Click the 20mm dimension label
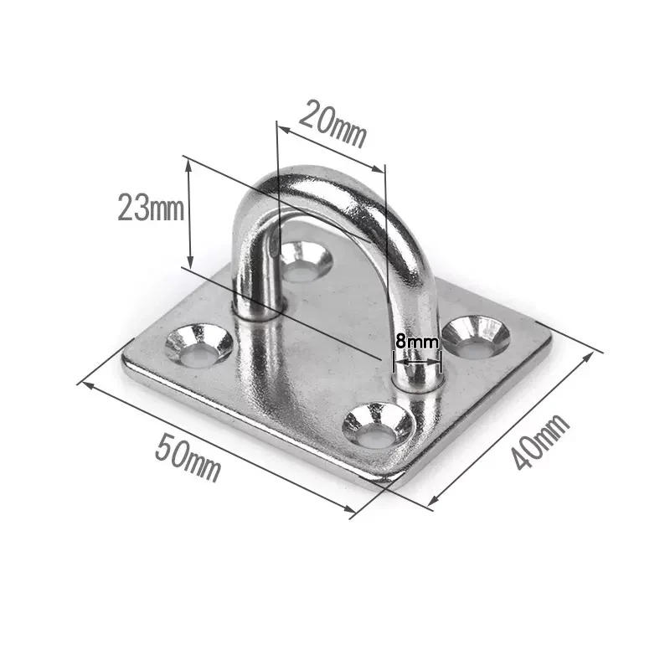pos(333,123)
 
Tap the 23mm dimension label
pos(151,207)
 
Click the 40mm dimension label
pos(541,441)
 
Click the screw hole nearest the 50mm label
pos(198,344)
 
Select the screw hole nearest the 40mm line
pos(476,336)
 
